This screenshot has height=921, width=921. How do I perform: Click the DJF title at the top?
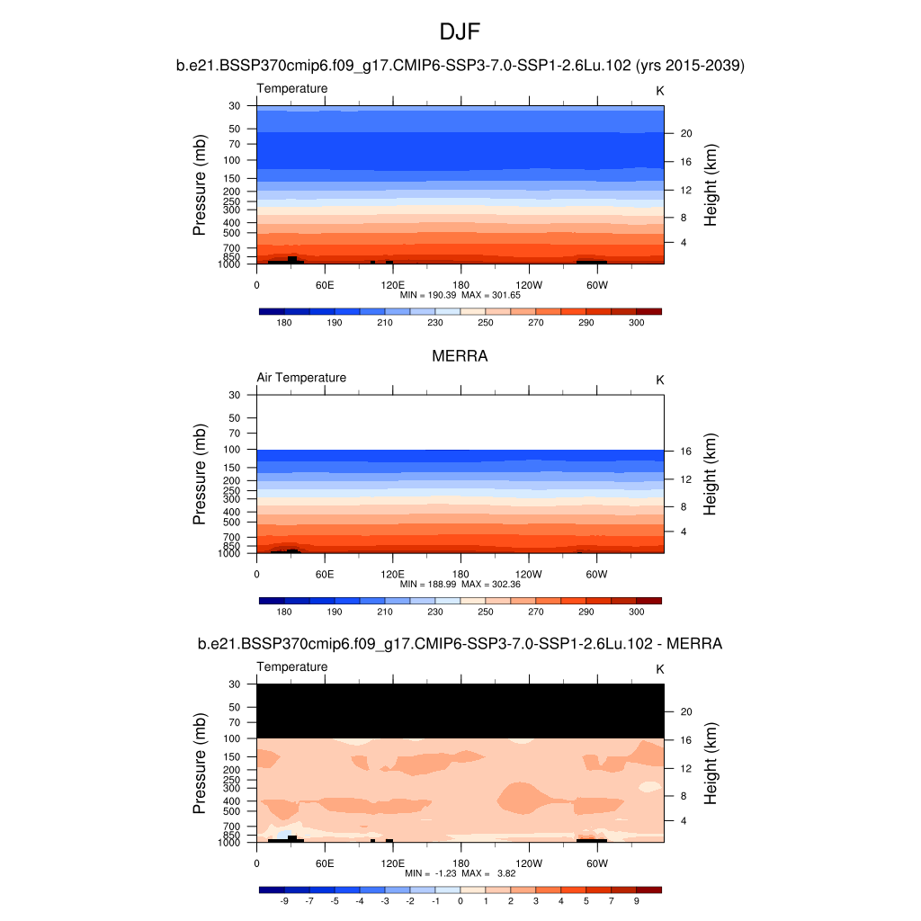460,32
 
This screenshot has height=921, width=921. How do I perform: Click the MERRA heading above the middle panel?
460,356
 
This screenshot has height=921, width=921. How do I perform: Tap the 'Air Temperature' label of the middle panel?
301,378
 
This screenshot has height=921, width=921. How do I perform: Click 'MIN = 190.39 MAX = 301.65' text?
460,294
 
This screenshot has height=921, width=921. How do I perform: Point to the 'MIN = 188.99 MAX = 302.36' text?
460,584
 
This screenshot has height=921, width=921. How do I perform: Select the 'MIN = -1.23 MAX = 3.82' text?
460,873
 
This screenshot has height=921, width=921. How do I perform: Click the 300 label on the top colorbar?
636,322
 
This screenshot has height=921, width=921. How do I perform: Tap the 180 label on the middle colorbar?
284,612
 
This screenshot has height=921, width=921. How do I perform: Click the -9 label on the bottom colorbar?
283,900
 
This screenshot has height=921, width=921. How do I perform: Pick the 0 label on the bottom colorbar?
460,900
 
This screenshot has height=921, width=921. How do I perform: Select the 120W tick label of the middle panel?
529,574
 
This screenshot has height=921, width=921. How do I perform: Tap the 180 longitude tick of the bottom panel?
460,863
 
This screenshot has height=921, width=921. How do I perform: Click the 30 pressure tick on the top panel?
234,106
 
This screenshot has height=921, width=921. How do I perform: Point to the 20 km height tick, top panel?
685,133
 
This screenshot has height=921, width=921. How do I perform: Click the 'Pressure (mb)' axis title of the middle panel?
200,475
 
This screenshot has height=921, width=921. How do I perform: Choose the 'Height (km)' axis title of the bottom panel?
711,764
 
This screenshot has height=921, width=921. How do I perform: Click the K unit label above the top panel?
660,91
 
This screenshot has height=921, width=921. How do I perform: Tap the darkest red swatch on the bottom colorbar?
648,890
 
